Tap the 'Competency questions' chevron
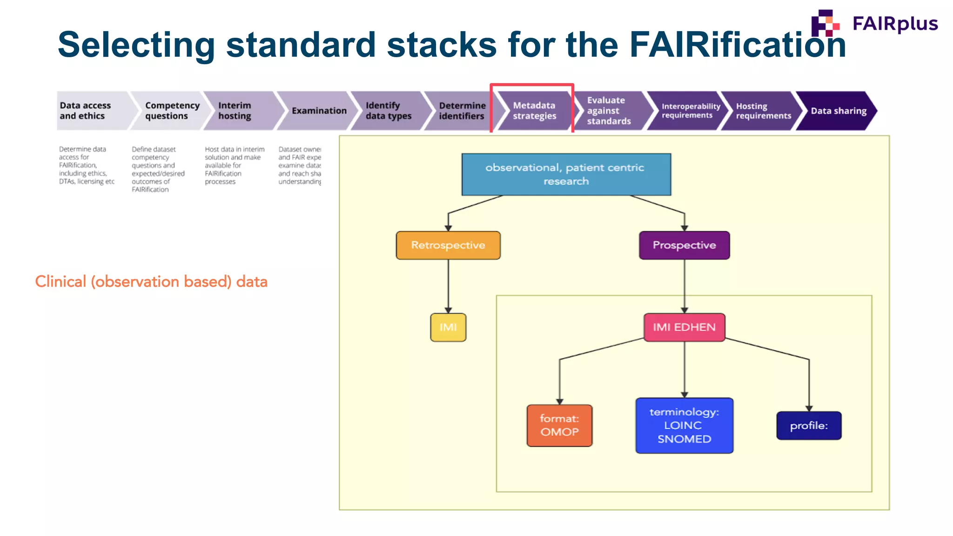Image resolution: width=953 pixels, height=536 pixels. pyautogui.click(x=170, y=111)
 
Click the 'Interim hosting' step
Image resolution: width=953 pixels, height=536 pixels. pyautogui.click(x=240, y=111)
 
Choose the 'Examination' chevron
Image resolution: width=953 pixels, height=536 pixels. pyautogui.click(x=319, y=111)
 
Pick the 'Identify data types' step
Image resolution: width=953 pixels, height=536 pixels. pyautogui.click(x=389, y=111)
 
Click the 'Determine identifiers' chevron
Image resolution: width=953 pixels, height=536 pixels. pyautogui.click(x=461, y=111)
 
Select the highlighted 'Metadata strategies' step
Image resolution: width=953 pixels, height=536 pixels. pyautogui.click(x=534, y=111)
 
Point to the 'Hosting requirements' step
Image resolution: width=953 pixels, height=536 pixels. pyautogui.click(x=762, y=111)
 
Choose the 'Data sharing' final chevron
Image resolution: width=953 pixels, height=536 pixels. pyautogui.click(x=838, y=111)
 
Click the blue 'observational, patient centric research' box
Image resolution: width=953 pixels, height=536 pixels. pyautogui.click(x=566, y=174)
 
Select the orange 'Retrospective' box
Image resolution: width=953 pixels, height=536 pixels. pyautogui.click(x=448, y=245)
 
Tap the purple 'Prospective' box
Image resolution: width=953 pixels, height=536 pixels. pyautogui.click(x=684, y=245)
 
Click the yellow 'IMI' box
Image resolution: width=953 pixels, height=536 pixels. pyautogui.click(x=448, y=328)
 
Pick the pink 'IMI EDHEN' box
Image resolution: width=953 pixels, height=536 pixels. pyautogui.click(x=684, y=328)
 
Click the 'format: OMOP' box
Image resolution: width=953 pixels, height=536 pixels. pyautogui.click(x=559, y=425)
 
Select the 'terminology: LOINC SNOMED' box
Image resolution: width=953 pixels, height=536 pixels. pyautogui.click(x=684, y=425)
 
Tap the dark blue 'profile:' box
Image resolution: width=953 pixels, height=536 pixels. pyautogui.click(x=809, y=425)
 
